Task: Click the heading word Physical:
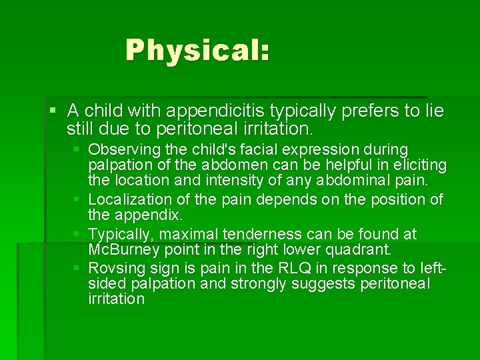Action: point(197,50)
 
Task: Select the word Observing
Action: point(123,149)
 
